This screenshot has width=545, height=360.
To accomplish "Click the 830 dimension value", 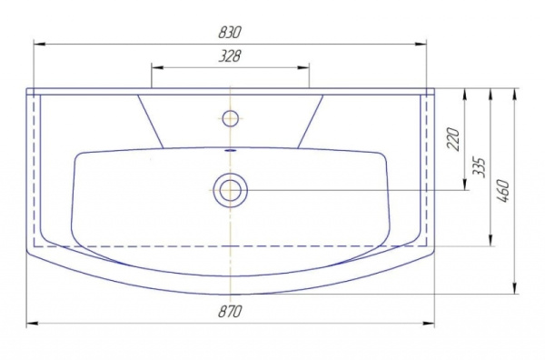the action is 230,33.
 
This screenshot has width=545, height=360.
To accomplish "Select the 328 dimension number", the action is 230,55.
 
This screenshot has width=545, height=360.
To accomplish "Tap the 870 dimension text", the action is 230,311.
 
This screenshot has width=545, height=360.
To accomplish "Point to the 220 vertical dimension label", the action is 453,139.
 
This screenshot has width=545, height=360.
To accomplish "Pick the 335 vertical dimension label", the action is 480,167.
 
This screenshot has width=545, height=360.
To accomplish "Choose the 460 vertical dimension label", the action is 503,191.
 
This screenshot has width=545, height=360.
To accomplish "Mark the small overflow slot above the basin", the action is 230,151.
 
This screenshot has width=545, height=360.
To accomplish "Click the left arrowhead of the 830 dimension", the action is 39,45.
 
